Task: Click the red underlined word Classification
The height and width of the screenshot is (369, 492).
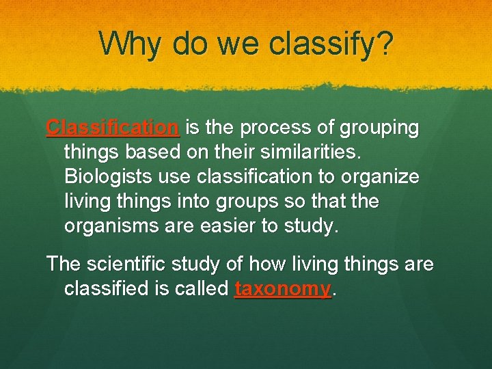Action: pos(113,128)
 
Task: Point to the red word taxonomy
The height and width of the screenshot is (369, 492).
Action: pos(282,289)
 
